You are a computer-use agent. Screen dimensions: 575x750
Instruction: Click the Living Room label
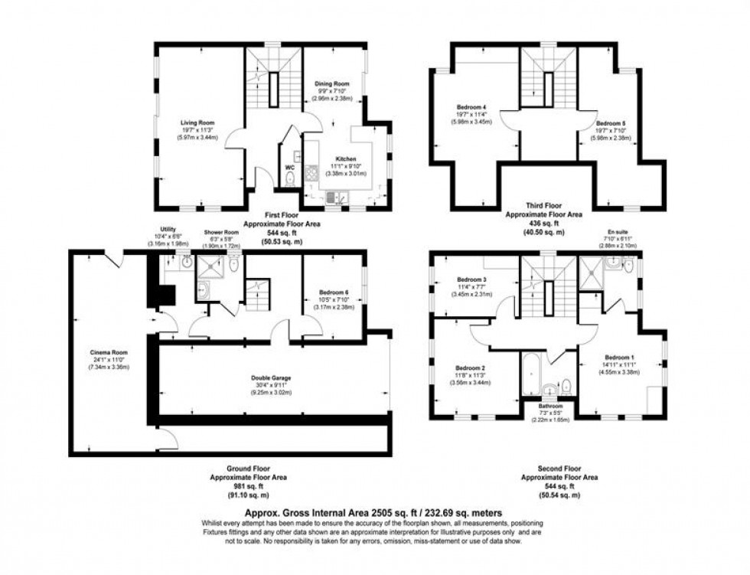pos(197,123)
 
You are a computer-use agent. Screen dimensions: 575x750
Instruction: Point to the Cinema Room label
pos(106,353)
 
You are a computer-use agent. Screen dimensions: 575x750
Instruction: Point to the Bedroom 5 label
pos(611,123)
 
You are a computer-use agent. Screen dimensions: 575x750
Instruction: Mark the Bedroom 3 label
pos(472,279)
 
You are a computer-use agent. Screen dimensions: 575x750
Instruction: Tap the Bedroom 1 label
pos(620,358)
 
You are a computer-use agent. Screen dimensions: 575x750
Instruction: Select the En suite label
pos(615,229)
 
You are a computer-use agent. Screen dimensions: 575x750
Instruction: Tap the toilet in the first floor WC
pos(289,179)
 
